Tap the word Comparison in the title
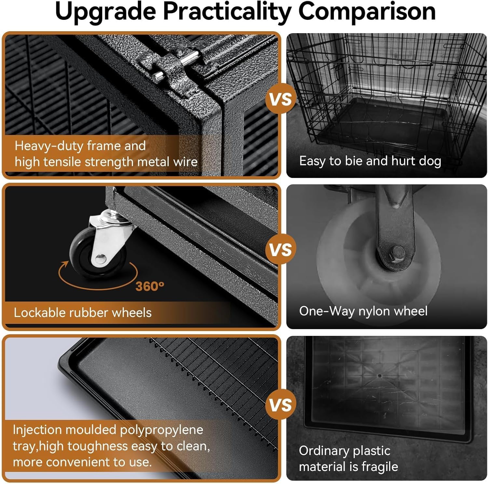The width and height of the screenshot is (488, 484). [x=367, y=11]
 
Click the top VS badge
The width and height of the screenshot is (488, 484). [x=281, y=99]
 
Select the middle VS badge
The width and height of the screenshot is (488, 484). [x=281, y=250]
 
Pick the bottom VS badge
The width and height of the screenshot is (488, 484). [x=281, y=405]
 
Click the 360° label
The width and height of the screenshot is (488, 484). [x=150, y=286]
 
